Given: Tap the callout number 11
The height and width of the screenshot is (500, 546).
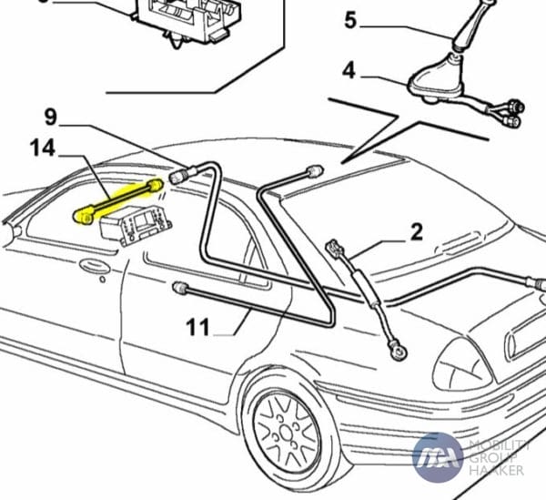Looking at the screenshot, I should [204, 325].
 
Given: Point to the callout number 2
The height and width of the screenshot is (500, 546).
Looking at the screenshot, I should [416, 231].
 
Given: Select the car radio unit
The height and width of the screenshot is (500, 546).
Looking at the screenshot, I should [135, 226].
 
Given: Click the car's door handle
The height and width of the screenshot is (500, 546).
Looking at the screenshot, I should [91, 268].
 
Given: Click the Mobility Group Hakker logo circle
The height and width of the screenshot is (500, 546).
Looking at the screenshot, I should [437, 458].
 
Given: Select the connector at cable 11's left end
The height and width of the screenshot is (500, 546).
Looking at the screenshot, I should [179, 289].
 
